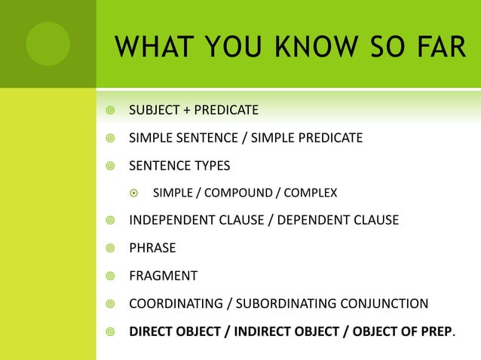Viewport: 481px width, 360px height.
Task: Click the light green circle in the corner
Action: point(47,43)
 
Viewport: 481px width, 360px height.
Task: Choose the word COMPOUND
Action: point(240,194)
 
